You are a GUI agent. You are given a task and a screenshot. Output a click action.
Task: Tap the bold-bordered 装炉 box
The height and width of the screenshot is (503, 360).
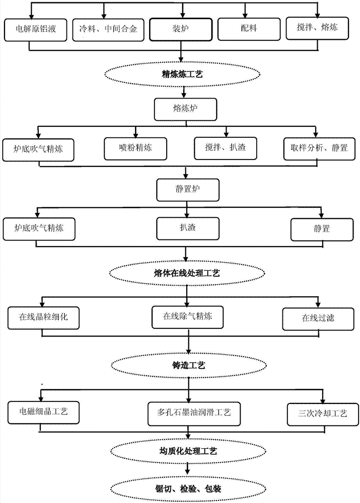(180, 29)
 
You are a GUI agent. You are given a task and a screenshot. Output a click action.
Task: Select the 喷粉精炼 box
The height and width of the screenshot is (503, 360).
(135, 148)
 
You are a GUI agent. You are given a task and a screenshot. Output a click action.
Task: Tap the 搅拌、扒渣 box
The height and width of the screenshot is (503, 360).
(225, 148)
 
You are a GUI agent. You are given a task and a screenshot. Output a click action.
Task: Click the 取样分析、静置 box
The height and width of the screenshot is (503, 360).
(316, 148)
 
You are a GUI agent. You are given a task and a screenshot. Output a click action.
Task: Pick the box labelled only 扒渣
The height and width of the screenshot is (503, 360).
(187, 227)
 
